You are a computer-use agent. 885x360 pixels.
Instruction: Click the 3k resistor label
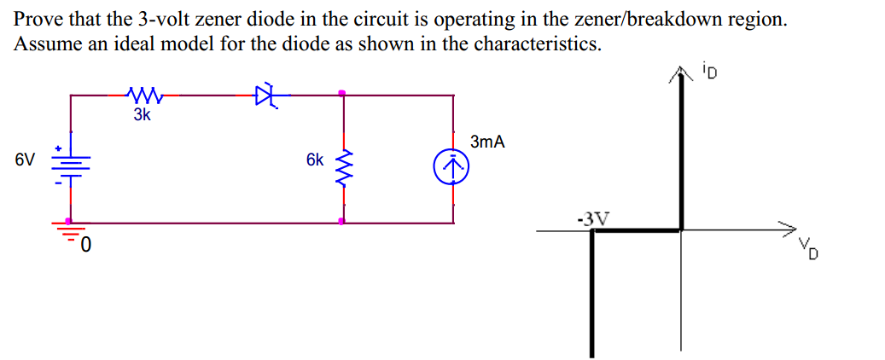[142, 115]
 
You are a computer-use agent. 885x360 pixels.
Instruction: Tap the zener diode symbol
[267, 96]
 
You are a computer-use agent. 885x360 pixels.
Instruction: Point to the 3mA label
[487, 142]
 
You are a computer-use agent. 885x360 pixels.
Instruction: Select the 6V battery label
[25, 160]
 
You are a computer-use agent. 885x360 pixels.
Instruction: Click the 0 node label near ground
[86, 247]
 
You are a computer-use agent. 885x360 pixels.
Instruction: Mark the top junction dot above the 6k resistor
[343, 93]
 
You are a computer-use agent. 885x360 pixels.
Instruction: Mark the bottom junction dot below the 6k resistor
[343, 221]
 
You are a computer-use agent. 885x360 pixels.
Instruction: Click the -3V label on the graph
[592, 218]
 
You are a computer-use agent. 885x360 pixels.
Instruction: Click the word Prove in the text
[38, 20]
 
